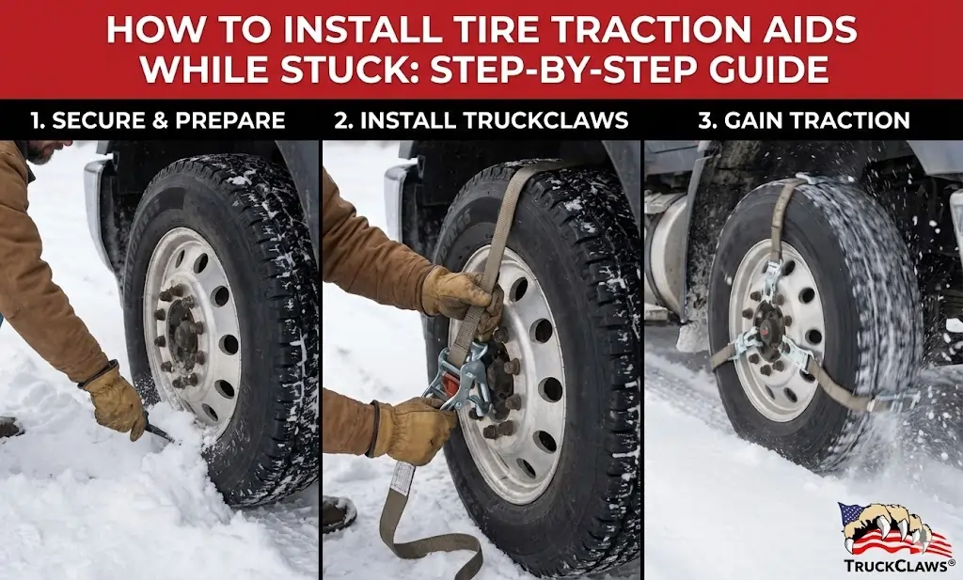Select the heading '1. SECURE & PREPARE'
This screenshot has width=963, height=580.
pos(157,120)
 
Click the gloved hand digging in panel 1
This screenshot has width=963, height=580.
pos(114,401)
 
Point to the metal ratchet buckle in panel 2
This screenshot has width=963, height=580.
pos(460,382)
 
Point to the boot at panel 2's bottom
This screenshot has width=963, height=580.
pos(338,513)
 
